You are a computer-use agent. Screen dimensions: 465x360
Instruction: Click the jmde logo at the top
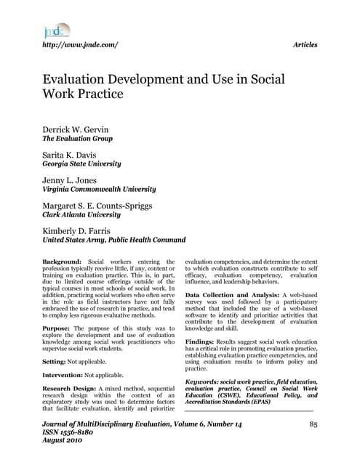tap(56, 31)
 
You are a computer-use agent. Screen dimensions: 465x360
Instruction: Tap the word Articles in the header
tap(304, 45)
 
